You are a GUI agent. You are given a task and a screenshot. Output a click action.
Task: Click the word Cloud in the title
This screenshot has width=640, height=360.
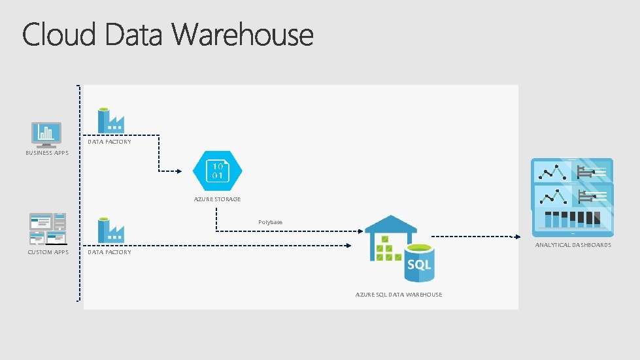click(59, 35)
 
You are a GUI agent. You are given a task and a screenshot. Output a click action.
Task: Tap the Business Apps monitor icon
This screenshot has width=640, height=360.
click(46, 133)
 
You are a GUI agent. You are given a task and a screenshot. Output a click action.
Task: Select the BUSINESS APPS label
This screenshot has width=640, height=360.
click(47, 153)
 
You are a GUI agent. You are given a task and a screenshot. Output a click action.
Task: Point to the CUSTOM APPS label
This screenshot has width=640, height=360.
click(48, 252)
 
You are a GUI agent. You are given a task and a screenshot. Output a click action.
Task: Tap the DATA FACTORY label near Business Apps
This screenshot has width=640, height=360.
click(109, 142)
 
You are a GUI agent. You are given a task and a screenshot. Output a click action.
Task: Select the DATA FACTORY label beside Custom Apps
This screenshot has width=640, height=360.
click(109, 252)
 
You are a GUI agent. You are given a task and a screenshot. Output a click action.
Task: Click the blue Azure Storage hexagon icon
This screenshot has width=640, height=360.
click(218, 170)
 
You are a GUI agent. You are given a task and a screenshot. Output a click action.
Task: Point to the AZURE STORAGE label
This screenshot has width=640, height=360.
click(217, 199)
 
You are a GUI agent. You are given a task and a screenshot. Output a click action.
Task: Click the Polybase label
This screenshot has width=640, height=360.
click(270, 222)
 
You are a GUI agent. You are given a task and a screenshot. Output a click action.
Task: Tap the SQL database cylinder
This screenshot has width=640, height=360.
click(418, 262)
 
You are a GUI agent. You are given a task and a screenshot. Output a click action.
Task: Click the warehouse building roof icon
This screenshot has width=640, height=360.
click(390, 225)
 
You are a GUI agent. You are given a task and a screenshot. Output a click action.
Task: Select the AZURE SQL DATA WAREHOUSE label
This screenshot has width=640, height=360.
click(399, 295)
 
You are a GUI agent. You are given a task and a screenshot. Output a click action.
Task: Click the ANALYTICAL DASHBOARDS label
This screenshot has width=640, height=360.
click(573, 245)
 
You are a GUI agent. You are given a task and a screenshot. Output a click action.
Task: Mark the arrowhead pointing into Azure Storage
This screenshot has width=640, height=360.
click(179, 171)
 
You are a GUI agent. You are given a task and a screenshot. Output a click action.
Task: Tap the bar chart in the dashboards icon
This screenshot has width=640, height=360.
click(573, 219)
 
